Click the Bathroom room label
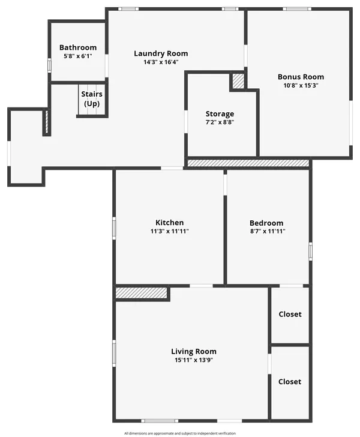point(77,47)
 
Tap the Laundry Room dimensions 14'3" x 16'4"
point(160,62)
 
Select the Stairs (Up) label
point(91,99)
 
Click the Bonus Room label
point(300,77)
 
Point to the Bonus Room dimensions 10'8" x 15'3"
point(300,85)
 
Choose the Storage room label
point(220,114)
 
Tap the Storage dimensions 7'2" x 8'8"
point(220,122)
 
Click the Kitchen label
point(169,223)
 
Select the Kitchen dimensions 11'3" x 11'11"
point(169,231)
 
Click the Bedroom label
point(266,223)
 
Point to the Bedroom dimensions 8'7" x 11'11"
point(266,231)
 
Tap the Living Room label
point(193,352)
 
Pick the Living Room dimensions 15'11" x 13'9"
point(193,360)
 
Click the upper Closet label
point(290,315)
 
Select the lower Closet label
point(290,382)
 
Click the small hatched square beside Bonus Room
point(238,81)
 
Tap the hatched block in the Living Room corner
point(142,293)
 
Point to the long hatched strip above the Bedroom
point(248,163)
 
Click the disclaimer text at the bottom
point(180,433)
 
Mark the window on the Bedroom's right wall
point(310,250)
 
